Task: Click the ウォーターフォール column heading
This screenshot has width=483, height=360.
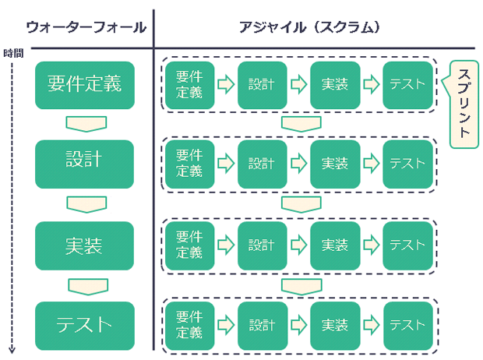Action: (x=86, y=26)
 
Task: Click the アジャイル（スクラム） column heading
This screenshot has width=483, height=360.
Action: (x=309, y=26)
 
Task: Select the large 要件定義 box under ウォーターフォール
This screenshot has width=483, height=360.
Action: (x=85, y=83)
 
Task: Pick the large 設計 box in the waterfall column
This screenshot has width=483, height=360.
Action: (x=85, y=164)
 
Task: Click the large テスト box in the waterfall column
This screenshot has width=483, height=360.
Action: (x=85, y=325)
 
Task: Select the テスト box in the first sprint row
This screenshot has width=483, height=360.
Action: (x=407, y=83)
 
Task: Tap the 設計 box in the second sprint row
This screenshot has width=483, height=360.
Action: (x=262, y=164)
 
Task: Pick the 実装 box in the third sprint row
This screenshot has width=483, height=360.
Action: (x=335, y=245)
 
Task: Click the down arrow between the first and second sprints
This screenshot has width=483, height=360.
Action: (x=301, y=124)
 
